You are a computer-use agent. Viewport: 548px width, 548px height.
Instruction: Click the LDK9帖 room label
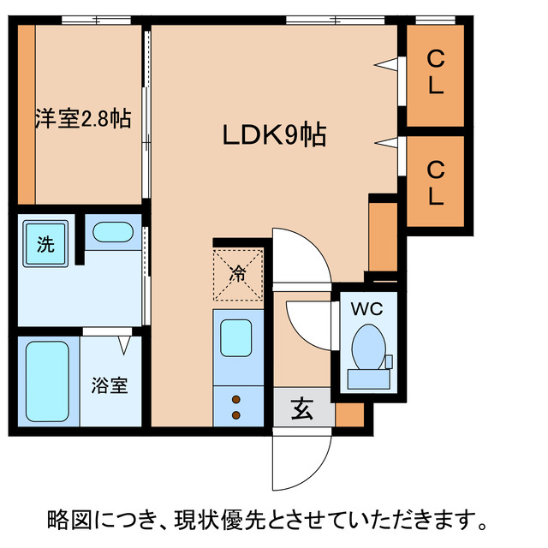(x=274, y=136)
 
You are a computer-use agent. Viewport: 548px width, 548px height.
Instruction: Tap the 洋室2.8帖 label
(x=83, y=118)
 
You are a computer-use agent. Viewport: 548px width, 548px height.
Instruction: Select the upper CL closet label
(x=436, y=73)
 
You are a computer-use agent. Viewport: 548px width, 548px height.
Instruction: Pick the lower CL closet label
(x=436, y=183)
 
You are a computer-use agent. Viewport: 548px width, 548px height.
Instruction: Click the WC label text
(x=365, y=306)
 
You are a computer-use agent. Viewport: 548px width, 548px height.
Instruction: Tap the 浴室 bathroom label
(x=110, y=384)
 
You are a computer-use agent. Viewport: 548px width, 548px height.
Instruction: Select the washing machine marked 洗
(x=45, y=244)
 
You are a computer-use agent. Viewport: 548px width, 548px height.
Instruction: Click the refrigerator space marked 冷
(x=237, y=274)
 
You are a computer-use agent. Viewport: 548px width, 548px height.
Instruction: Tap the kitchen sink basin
(x=236, y=337)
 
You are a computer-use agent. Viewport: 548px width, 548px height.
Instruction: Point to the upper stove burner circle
(x=236, y=399)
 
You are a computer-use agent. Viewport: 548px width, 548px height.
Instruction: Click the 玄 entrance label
(x=302, y=409)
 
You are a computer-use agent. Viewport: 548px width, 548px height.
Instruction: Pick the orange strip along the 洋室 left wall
(x=27, y=115)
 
